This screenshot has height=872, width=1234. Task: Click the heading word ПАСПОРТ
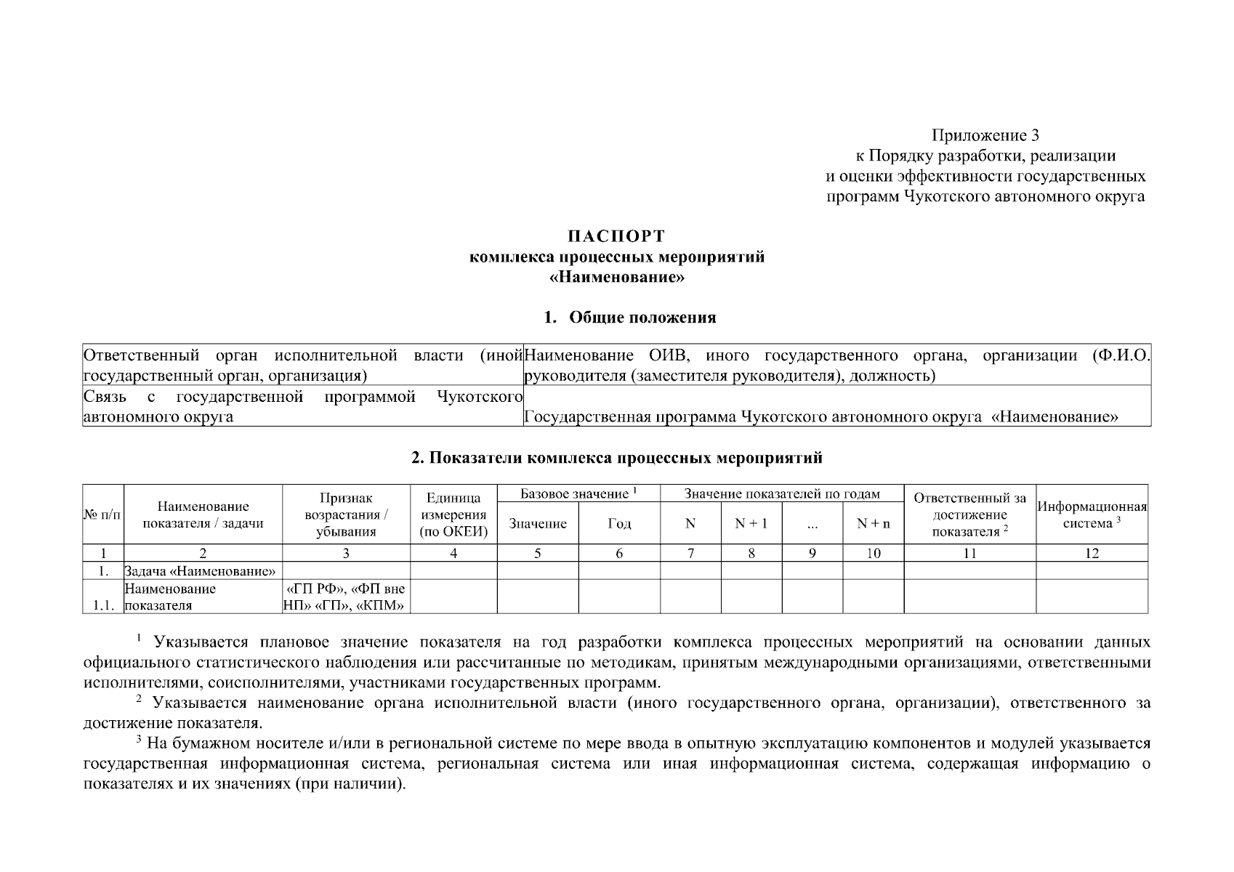tap(616, 236)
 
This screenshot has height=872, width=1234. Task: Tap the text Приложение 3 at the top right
tap(985, 135)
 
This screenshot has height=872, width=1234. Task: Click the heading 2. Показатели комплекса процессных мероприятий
tap(616, 458)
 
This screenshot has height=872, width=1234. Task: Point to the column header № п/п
tap(102, 514)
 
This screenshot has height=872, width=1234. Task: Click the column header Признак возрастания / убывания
tap(346, 514)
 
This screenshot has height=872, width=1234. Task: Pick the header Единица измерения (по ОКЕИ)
tap(453, 514)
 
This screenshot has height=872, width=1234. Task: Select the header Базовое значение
tap(578, 494)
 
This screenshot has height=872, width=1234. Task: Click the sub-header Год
tap(618, 523)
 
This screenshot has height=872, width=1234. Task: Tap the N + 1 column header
tap(751, 523)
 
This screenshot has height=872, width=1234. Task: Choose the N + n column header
tap(873, 523)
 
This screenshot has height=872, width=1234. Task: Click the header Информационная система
tap(1092, 514)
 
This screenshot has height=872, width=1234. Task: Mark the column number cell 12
tap(1092, 553)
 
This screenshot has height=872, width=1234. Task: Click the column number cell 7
tap(690, 553)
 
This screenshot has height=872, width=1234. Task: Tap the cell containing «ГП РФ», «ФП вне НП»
tap(346, 597)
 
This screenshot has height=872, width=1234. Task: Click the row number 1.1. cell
tap(102, 605)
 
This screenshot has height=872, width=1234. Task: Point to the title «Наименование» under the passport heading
tap(617, 278)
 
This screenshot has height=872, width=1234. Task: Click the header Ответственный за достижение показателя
tap(969, 514)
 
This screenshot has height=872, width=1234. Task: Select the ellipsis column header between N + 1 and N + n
tap(812, 523)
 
